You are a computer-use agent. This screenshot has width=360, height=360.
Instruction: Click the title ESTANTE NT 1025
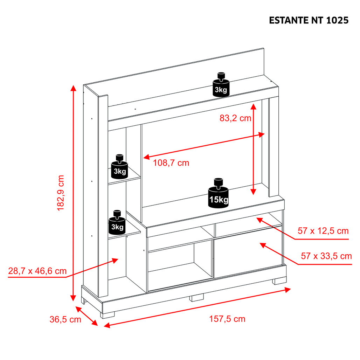pyautogui.click(x=309, y=20)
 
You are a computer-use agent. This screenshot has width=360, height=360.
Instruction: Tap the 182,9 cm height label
pyautogui.click(x=61, y=193)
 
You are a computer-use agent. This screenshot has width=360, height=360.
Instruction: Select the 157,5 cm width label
pyautogui.click(x=227, y=319)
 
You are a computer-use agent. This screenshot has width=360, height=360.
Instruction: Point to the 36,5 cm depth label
pyautogui.click(x=65, y=319)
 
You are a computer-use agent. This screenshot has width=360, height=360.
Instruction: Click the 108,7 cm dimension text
pyautogui.click(x=171, y=163)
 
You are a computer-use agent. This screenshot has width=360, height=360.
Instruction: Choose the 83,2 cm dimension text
pyautogui.click(x=235, y=118)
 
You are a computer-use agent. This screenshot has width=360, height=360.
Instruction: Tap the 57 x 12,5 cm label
pyautogui.click(x=323, y=231)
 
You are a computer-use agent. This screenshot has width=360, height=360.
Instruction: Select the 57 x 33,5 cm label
pyautogui.click(x=326, y=256)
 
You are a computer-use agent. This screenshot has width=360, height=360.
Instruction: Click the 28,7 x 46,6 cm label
pyautogui.click(x=37, y=271)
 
